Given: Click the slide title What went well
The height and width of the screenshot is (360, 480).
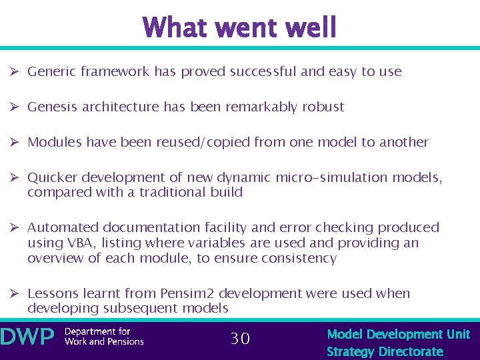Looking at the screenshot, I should (239, 28).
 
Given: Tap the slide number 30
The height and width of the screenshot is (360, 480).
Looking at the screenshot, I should (240, 339).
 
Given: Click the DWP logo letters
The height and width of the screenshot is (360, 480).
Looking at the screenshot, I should (27, 337).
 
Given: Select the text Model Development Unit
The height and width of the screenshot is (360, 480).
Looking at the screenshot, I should (398, 334).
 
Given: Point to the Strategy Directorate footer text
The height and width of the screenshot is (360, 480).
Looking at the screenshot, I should (385, 351).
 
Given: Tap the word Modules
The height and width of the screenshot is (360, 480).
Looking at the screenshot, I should (54, 142).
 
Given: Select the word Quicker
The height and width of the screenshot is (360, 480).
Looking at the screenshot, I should (51, 177).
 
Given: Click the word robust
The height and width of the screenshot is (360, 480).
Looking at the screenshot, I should (323, 107).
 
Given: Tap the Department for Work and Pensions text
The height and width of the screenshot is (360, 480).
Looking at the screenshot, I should (103, 337).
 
